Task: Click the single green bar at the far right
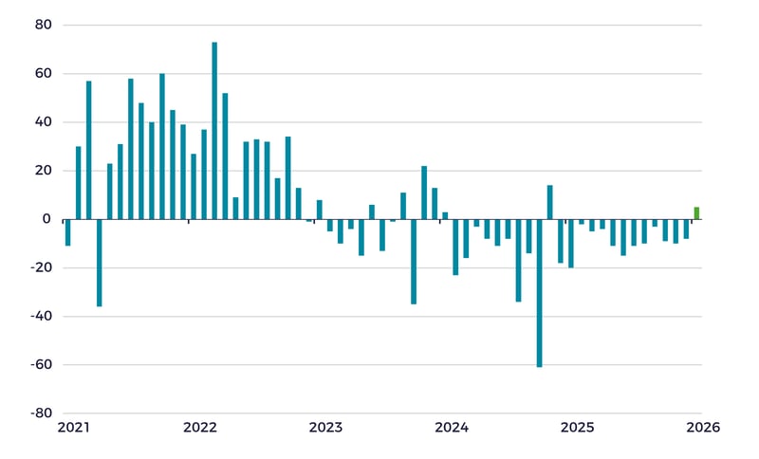coord(696,213)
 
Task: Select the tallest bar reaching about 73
coord(214,131)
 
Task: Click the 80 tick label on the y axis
coord(44,26)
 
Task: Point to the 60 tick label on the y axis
coord(44,74)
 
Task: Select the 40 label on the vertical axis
coord(44,122)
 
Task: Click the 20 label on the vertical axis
coord(44,171)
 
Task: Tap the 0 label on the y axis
coord(47,219)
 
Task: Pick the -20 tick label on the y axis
coord(41,267)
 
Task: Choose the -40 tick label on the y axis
coord(41,317)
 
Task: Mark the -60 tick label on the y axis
coord(41,365)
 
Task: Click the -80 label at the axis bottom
coord(41,413)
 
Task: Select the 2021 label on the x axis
coord(73,428)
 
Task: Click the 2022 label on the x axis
coord(200,428)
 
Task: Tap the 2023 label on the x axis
coord(325,428)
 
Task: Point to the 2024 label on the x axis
coord(452,428)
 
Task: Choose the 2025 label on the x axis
coord(577,428)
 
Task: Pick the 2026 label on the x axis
coord(703,428)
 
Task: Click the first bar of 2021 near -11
coord(67,232)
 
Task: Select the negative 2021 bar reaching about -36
coord(99,263)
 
